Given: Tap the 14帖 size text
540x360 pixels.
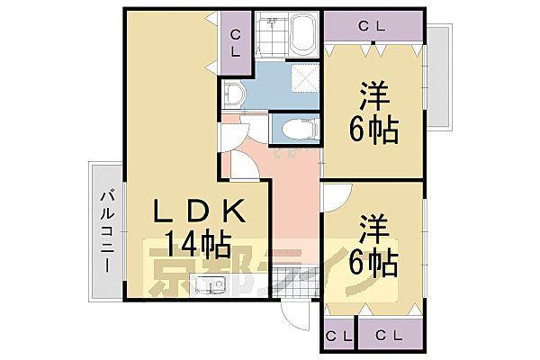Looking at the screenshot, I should click(197, 244).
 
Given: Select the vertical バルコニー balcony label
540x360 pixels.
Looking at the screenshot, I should click(106, 231).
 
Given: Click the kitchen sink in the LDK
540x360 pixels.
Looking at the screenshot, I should click(213, 286).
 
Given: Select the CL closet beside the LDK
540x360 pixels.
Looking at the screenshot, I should click(235, 43).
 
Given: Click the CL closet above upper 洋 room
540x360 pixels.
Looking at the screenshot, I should click(372, 26).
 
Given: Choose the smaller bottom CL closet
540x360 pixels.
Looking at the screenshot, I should click(338, 336).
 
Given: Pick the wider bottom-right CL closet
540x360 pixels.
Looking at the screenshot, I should click(390, 336).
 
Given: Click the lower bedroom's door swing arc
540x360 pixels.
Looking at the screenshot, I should click(335, 193).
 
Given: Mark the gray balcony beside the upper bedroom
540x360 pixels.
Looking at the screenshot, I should click(438, 77).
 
